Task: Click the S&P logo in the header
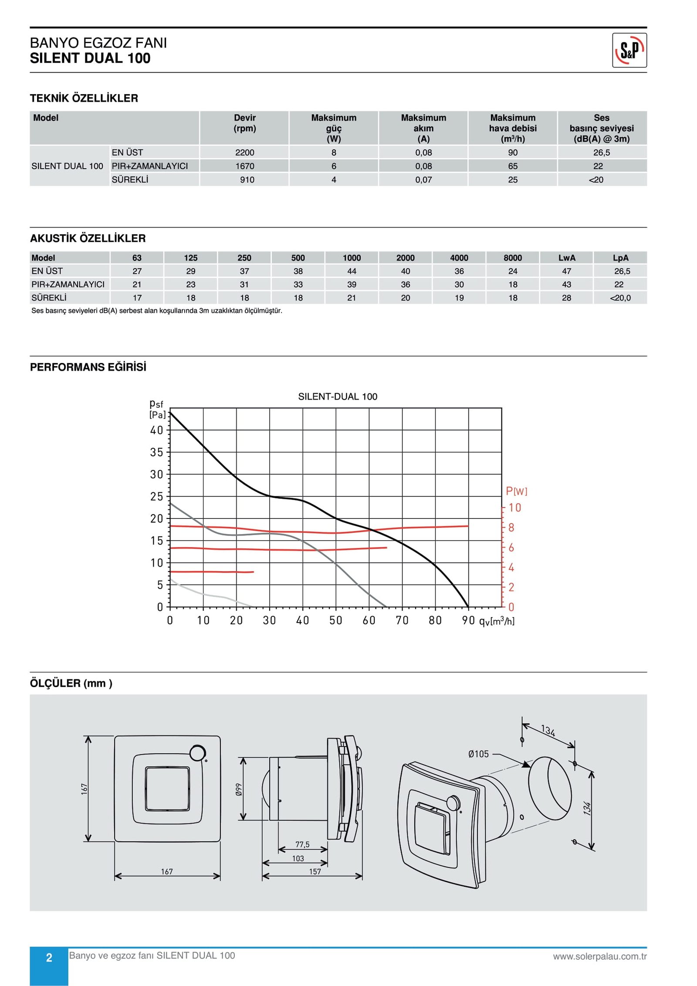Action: coord(629,50)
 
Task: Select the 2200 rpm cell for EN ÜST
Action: coord(244,152)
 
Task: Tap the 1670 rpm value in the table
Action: coord(244,166)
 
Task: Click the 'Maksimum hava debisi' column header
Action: coord(513,128)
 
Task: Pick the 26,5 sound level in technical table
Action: coord(601,152)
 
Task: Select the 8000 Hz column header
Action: coord(513,258)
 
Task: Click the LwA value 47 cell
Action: coord(566,271)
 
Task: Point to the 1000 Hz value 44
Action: coord(352,271)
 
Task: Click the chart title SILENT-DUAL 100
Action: coord(338,396)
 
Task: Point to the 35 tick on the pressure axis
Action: coord(156,452)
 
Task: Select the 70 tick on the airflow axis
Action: coord(402,620)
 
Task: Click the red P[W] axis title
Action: coord(516,491)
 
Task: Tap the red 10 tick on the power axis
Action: coord(514,508)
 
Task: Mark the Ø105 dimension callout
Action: coord(478,754)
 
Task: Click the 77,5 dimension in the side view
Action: coord(302,844)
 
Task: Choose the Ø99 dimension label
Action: coord(239,790)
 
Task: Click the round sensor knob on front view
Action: coord(198,752)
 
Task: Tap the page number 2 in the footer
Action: coord(49,957)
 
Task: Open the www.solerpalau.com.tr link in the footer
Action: coord(599,956)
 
